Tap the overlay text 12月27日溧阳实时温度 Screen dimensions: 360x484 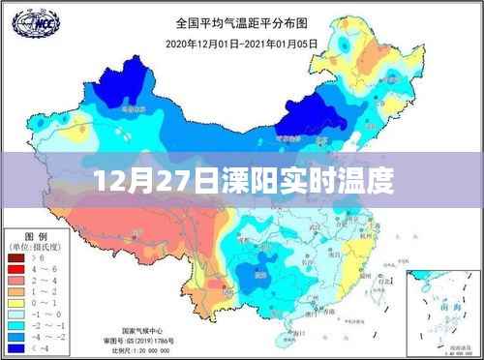pyautogui.click(x=242, y=181)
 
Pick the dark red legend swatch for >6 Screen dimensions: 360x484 pyautogui.click(x=17, y=259)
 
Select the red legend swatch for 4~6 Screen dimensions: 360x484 pyautogui.click(x=17, y=270)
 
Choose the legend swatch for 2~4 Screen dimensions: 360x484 pyautogui.click(x=17, y=281)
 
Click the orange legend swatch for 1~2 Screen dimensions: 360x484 pyautogui.click(x=17, y=291)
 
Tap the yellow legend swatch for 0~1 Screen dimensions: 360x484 pyautogui.click(x=17, y=302)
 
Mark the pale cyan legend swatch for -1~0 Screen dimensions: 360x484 pyautogui.click(x=17, y=313)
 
